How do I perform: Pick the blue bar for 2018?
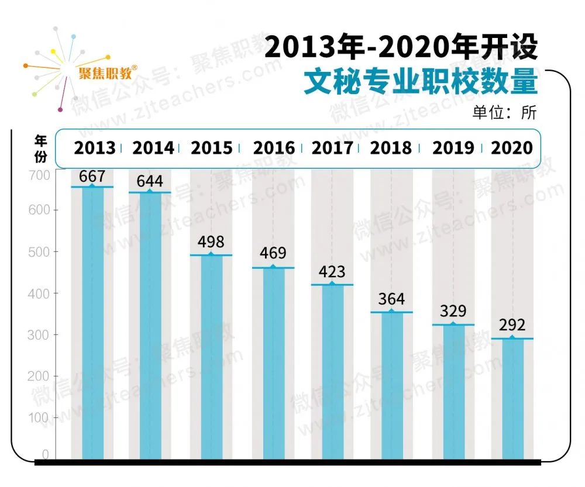pyautogui.click(x=391, y=385)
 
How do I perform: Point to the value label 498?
pyautogui.click(x=211, y=241)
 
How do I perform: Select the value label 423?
pyautogui.click(x=332, y=272)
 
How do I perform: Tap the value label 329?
pyautogui.click(x=453, y=310)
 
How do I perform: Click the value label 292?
pyautogui.click(x=512, y=324)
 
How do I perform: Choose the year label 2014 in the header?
pyautogui.click(x=153, y=148)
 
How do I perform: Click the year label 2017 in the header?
pyautogui.click(x=332, y=148)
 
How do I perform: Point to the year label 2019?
pyautogui.click(x=453, y=148)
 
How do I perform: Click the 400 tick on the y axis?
pyautogui.click(x=39, y=293)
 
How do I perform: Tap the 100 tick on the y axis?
pyautogui.click(x=39, y=417)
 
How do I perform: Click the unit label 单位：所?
pyautogui.click(x=504, y=113)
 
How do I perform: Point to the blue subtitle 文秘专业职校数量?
pyautogui.click(x=420, y=82)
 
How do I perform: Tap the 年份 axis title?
pyautogui.click(x=40, y=148)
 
